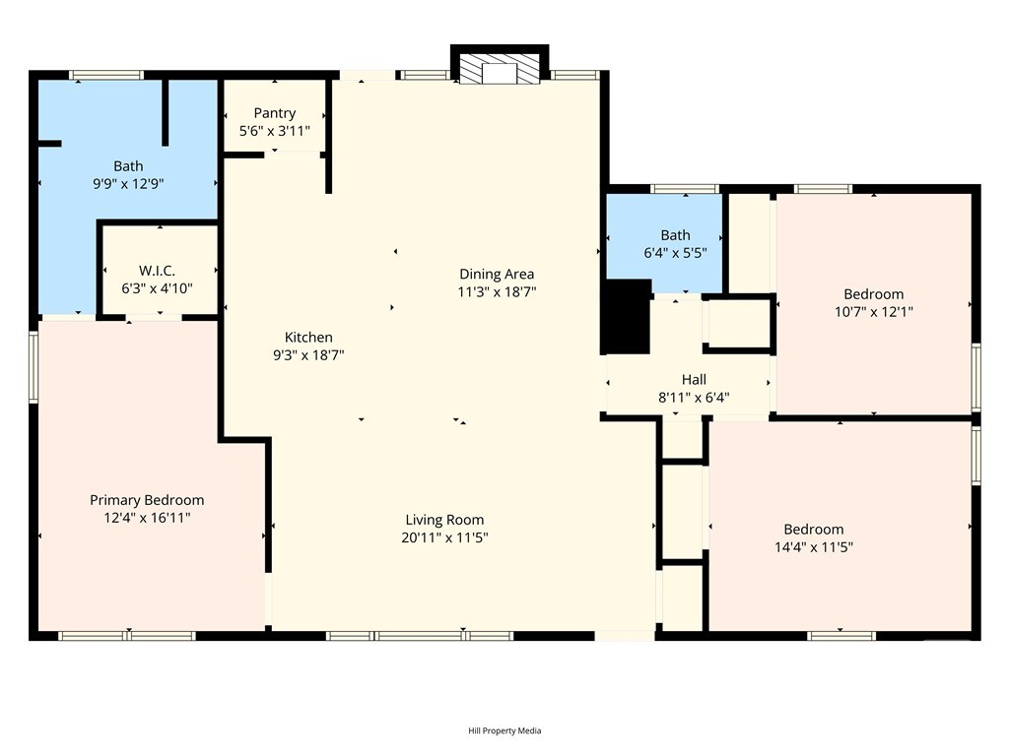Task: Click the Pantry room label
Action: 275,113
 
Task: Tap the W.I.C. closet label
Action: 157,271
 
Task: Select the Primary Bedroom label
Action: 147,500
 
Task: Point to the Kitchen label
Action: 308,337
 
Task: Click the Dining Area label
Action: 497,275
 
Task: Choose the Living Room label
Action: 444,520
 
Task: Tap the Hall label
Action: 694,379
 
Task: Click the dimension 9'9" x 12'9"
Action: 129,184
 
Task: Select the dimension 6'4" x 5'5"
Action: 676,253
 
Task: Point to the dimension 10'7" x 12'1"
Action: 874,312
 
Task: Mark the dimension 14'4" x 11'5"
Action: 814,547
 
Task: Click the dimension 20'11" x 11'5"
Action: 444,537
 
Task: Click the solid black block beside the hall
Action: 627,316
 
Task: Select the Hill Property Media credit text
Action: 504,731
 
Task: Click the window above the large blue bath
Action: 106,75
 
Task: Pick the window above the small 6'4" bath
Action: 685,189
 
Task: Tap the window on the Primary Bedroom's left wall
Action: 34,368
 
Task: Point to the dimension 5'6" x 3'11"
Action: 275,131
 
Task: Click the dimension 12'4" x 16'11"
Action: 148,518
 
